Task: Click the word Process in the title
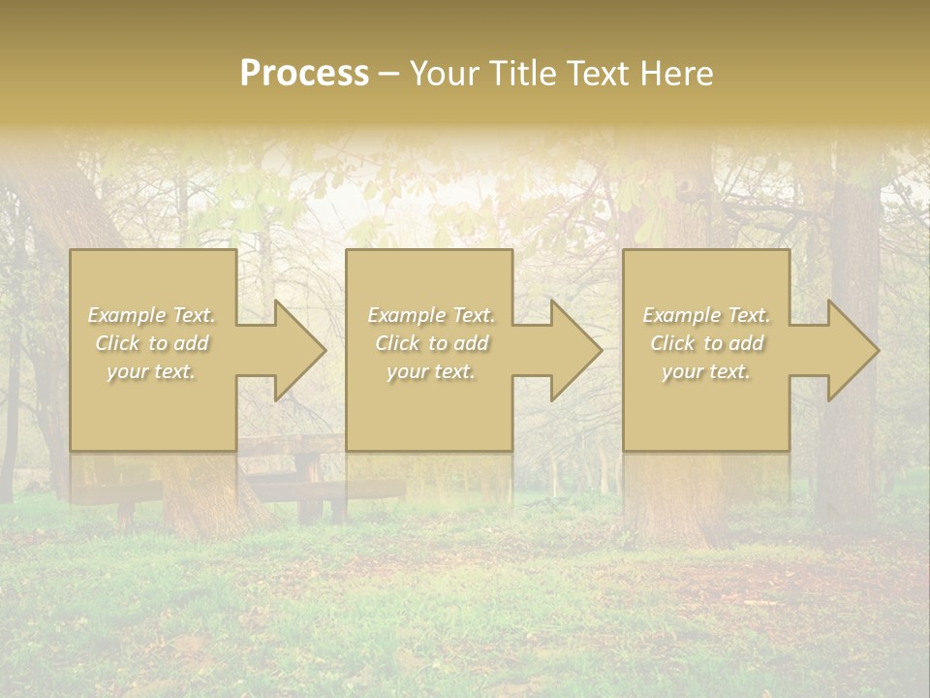[304, 74]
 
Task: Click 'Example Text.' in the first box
[152, 315]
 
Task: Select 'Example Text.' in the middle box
[431, 315]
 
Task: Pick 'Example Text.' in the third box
[706, 315]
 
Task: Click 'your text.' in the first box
[151, 371]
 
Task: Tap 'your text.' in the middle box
[430, 371]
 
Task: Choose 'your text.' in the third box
[705, 371]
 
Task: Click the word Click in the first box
[116, 343]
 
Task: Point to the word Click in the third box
[672, 343]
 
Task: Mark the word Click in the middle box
[397, 343]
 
